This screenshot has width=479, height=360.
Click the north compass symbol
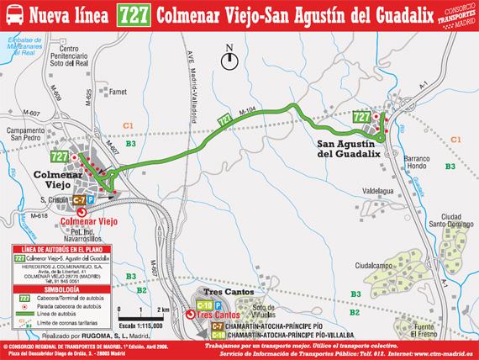click(x=230, y=59)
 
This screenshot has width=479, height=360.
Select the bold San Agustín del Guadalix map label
click(x=349, y=149)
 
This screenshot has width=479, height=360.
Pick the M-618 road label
click(x=13, y=216)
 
